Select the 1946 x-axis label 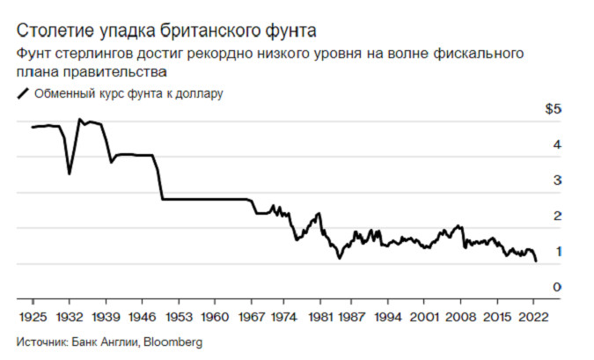pos(142,314)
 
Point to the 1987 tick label pos(354,314)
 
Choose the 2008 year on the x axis pos(461,314)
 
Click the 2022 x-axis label pos(534,314)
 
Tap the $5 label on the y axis pos(553,109)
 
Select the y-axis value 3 pos(556,180)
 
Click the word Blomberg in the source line pos(172,341)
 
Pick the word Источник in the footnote pos(41,341)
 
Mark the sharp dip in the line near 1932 pos(70,173)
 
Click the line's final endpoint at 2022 pos(536,261)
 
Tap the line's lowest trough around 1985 pos(339,258)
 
